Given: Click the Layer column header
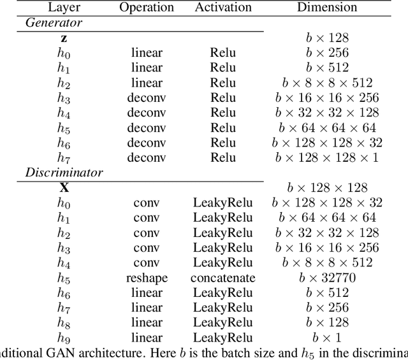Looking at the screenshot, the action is click(x=63, y=8).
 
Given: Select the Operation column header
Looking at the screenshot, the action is click(x=147, y=8).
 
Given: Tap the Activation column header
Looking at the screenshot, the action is click(x=222, y=8).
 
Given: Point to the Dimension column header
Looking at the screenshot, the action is click(x=327, y=8).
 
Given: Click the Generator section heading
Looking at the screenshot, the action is click(x=54, y=23).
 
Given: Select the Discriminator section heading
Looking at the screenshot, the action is click(x=64, y=172).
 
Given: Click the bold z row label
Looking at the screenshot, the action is click(x=63, y=38).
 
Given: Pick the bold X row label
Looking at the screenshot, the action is click(x=64, y=188).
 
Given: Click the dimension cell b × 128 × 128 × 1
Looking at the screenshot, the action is click(x=327, y=157).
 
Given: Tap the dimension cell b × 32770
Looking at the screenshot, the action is click(x=327, y=278).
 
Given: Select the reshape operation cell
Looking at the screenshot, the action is click(x=147, y=278).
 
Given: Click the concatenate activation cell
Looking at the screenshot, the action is click(x=222, y=278).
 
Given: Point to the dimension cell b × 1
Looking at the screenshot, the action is click(x=327, y=338).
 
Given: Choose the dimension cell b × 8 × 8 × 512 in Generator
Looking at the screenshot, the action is click(x=327, y=83).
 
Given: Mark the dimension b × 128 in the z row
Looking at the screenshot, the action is click(x=327, y=38).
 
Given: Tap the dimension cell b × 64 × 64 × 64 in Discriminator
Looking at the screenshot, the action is click(x=327, y=218).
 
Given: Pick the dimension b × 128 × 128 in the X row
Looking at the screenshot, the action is click(x=327, y=188).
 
